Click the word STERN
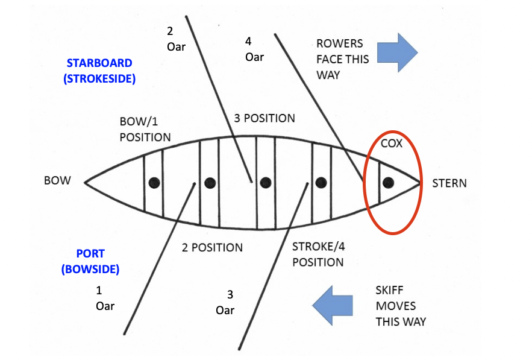449,182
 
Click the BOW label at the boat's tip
57,180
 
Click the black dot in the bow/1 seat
154,182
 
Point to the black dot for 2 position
210,182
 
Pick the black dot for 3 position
265,182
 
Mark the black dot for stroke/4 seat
321,182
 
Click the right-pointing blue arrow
398,52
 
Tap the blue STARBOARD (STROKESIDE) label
99,71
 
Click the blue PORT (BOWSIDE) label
91,261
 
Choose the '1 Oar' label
104,298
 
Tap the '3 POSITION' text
264,118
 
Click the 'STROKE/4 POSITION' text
318,254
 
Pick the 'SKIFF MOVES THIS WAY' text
400,306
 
